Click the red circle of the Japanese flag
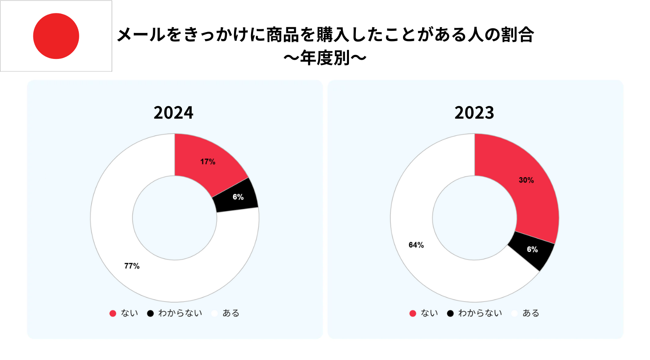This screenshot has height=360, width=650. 56,36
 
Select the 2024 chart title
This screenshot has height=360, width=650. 173,113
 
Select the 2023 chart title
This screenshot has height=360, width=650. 474,113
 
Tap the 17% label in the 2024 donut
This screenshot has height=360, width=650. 208,162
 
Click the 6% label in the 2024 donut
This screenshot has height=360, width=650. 238,197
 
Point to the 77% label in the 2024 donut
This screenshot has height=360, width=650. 132,266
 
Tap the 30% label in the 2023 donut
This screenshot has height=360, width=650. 526,180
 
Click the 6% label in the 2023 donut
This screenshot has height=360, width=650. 532,249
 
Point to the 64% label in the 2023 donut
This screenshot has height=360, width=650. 416,245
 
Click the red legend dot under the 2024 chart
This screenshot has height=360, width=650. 113,313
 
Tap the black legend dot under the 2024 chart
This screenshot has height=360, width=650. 150,313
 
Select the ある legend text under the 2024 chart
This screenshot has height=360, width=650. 231,313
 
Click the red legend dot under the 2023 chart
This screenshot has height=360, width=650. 413,313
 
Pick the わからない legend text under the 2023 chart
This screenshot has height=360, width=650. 480,313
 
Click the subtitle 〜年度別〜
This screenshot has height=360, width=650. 325,58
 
